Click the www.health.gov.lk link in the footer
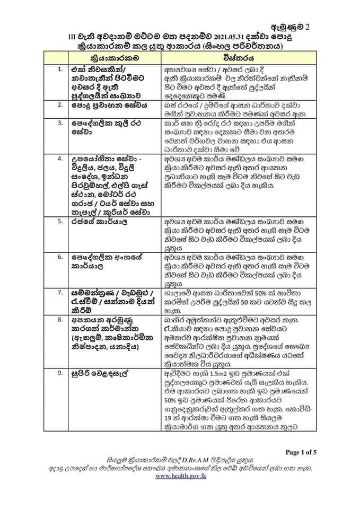tap(180, 477)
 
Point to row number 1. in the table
tap(61, 69)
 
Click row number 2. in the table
tap(61, 106)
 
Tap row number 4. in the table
tap(61, 158)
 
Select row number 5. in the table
tap(61, 221)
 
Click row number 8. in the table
tap(61, 320)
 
